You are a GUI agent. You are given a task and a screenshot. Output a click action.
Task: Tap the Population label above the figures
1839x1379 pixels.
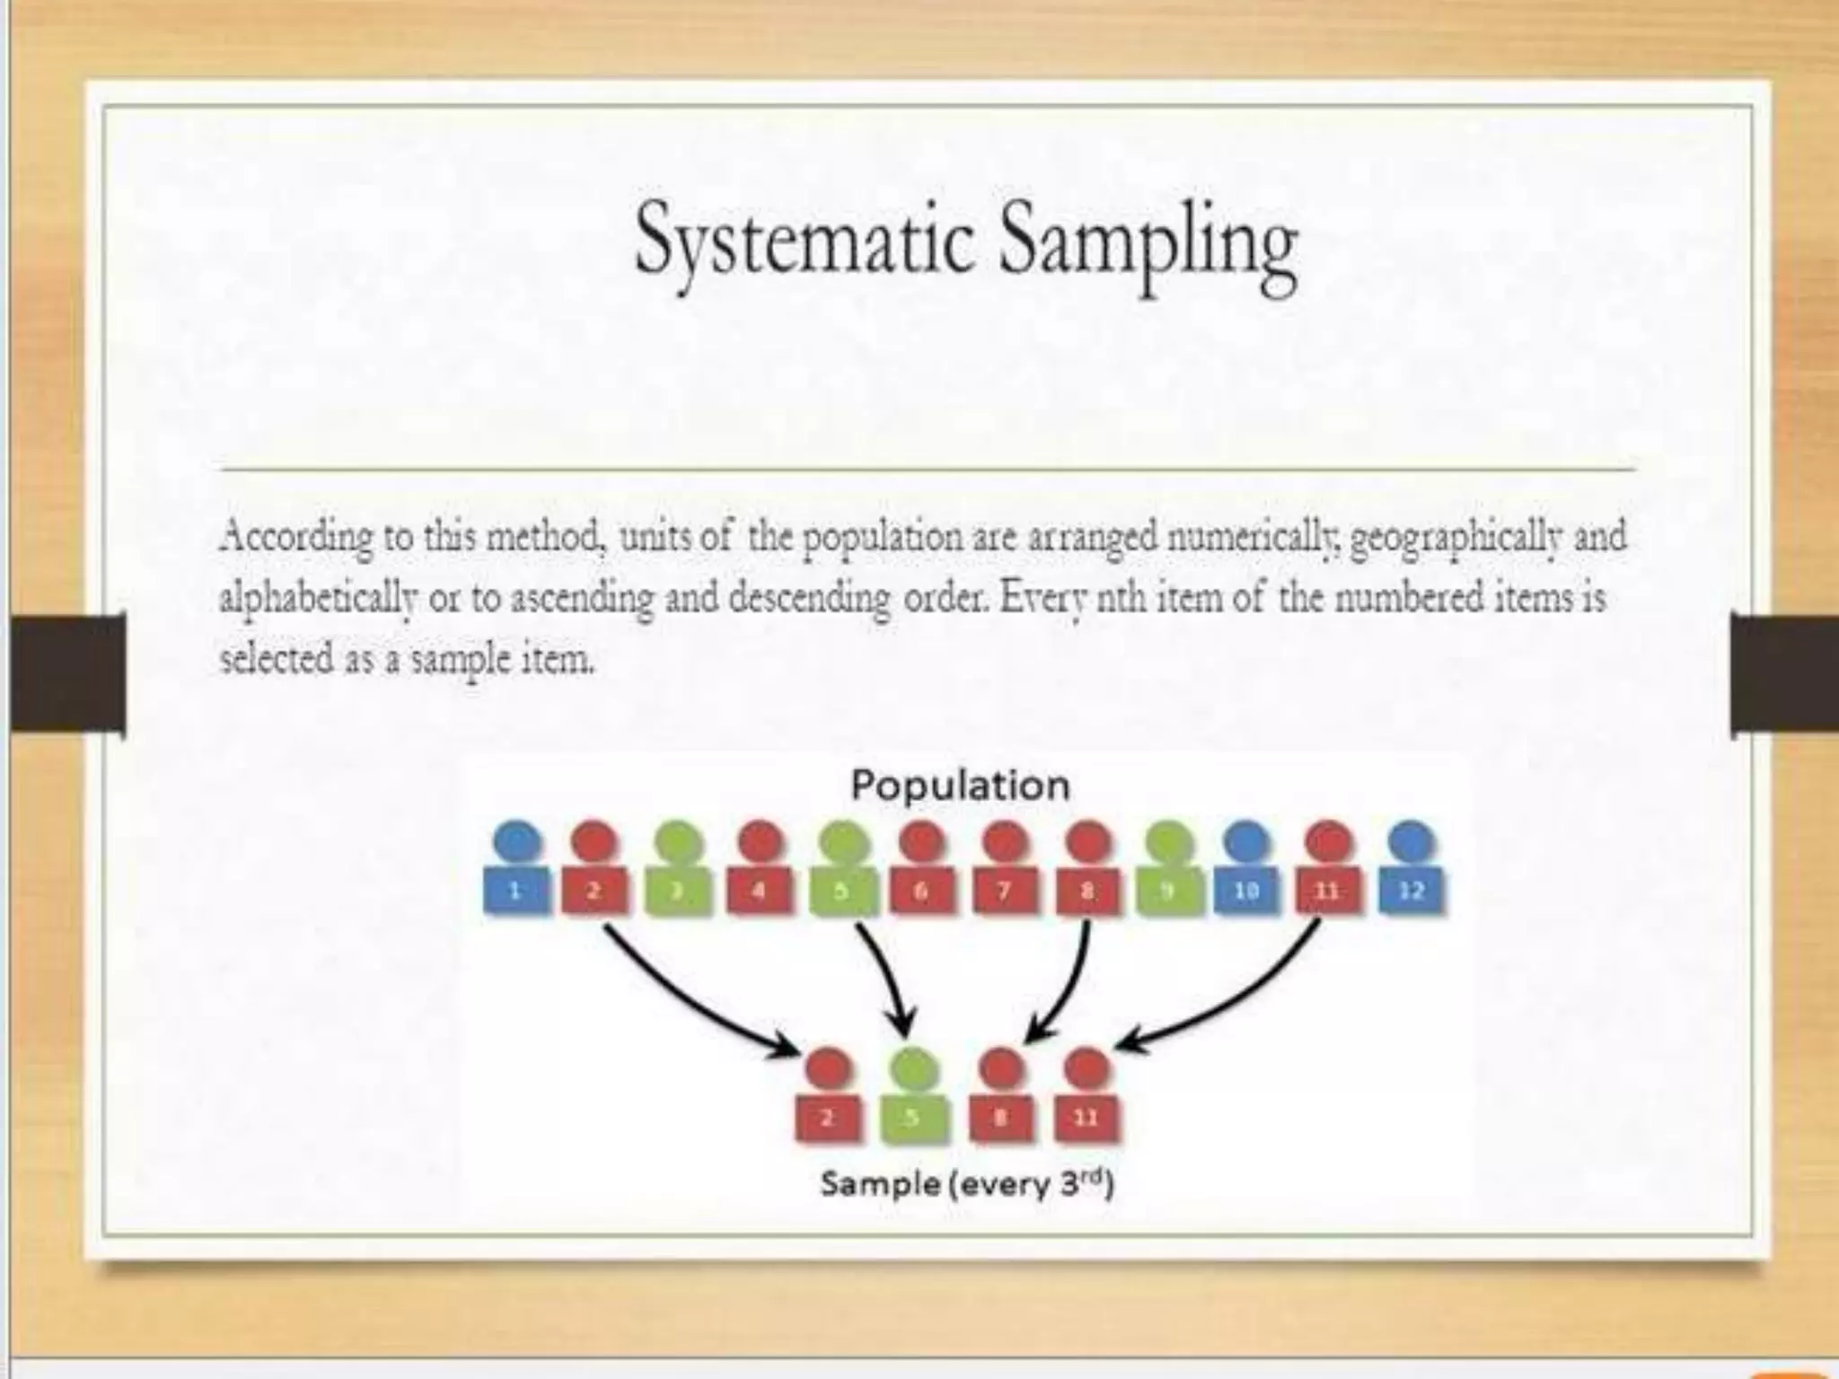(x=960, y=786)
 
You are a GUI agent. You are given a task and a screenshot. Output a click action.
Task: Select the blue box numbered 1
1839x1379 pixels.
(x=515, y=891)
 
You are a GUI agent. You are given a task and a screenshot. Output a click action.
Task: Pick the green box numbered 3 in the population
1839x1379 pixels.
(x=678, y=891)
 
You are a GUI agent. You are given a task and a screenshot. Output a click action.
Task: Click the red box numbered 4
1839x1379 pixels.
(x=759, y=891)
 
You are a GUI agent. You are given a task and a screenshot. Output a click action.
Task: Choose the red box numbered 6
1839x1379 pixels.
(x=921, y=891)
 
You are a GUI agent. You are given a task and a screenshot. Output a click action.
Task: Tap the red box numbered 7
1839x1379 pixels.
(x=1004, y=891)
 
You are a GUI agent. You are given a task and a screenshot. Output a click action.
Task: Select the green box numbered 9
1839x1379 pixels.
(x=1167, y=891)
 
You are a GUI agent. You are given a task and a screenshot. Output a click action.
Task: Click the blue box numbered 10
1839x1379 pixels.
(x=1247, y=891)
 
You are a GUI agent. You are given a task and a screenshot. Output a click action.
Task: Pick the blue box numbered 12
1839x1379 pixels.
(x=1411, y=891)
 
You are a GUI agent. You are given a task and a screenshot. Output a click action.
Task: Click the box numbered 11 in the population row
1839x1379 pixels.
(x=1328, y=891)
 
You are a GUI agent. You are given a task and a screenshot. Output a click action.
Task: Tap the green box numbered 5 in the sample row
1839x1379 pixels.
(x=912, y=1118)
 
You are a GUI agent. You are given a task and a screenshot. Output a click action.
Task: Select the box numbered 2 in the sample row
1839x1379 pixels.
(x=828, y=1118)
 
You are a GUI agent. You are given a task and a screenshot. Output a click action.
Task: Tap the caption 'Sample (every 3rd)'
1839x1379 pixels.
(x=966, y=1185)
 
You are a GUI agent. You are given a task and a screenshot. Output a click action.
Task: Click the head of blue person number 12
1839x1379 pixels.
(x=1411, y=841)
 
